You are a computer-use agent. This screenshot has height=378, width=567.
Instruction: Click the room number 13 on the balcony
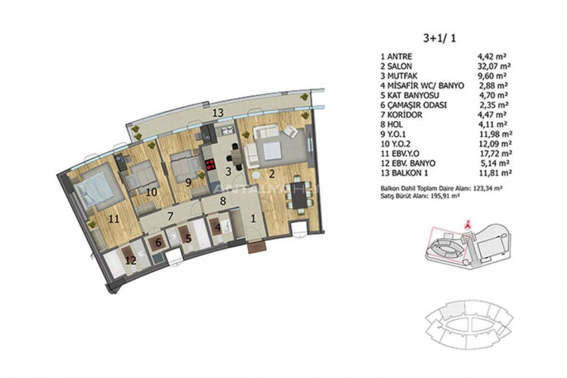217,112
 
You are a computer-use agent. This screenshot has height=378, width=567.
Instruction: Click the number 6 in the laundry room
158,243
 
